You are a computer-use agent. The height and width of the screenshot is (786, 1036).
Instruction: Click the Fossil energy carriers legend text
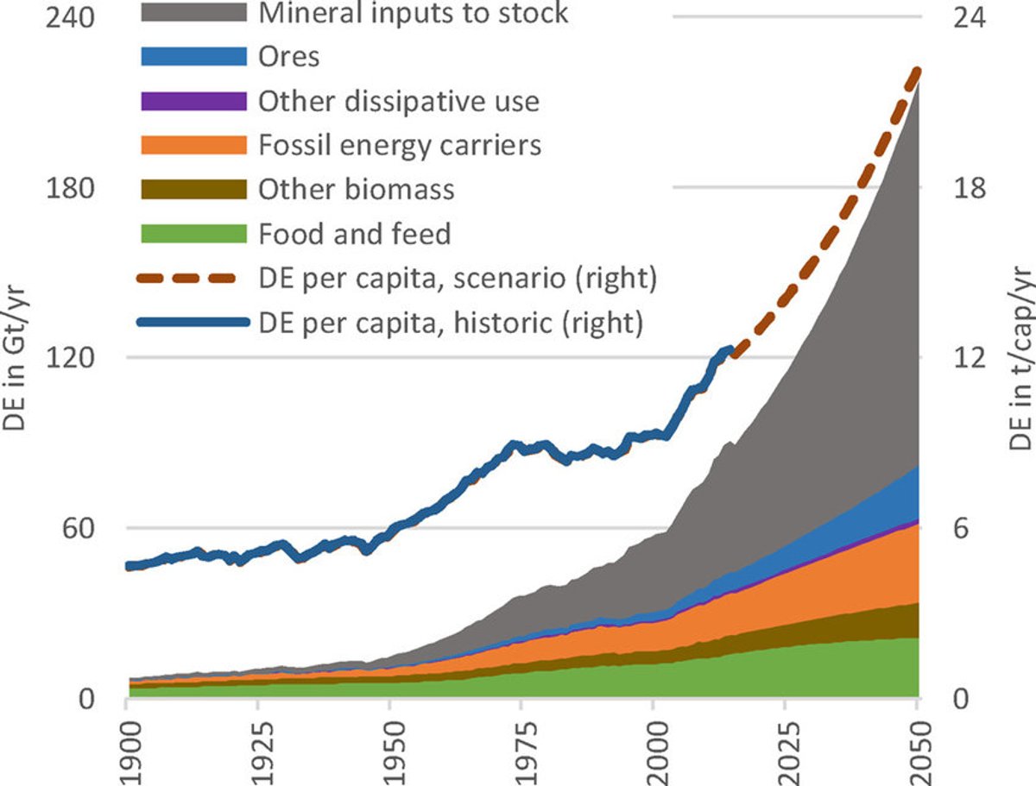coord(400,144)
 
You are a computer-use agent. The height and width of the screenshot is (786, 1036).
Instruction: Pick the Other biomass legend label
coord(356,189)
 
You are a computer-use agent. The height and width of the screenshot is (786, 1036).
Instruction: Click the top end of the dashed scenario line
coord(917,71)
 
